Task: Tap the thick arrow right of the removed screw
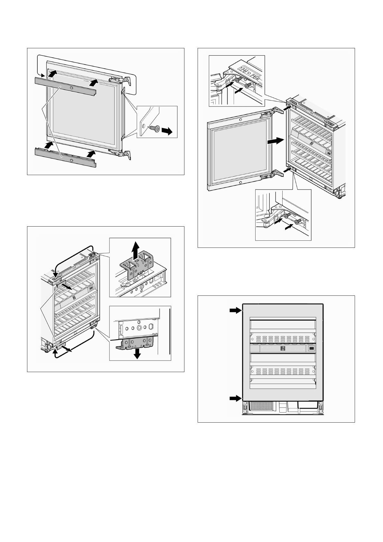[167, 131]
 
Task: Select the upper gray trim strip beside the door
[66, 86]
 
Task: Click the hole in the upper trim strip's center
[71, 88]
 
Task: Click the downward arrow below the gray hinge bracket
[137, 354]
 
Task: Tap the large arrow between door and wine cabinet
[276, 140]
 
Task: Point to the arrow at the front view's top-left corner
[236, 310]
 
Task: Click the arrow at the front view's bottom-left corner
[236, 398]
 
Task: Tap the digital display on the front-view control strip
[283, 349]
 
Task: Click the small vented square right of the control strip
[311, 349]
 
